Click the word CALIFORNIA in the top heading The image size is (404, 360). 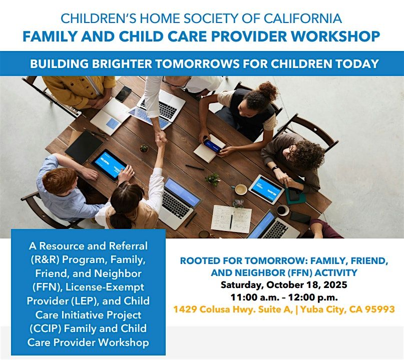[x=303, y=18]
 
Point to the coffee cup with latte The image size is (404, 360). [x=241, y=189]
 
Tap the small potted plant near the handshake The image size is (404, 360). [x=144, y=148]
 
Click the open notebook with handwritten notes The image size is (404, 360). [x=231, y=219]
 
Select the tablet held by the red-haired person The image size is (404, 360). [x=109, y=164]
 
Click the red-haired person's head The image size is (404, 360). [x=60, y=180]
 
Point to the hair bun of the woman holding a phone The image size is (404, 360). [x=268, y=89]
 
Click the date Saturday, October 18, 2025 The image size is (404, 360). [x=284, y=285]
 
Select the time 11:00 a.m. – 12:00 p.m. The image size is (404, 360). [x=284, y=297]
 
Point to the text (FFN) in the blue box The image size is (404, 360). [x=47, y=287]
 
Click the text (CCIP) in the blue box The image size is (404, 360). [x=45, y=328]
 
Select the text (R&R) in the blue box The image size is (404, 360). [x=45, y=259]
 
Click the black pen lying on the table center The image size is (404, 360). [x=195, y=167]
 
